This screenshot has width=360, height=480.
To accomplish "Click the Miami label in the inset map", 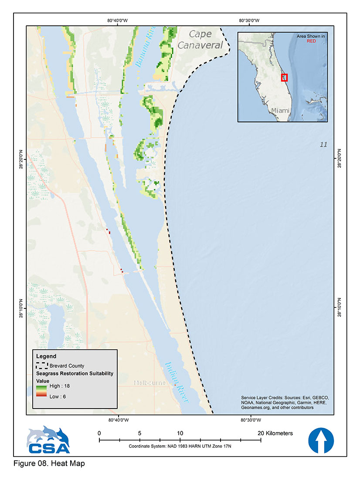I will pos(280,111).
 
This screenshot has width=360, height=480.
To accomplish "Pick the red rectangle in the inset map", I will pos(285,78).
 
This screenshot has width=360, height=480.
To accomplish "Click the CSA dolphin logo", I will pos(48,440).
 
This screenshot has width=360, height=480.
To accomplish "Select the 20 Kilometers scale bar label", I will pos(275,433).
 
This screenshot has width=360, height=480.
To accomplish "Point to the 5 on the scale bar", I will pos(139,433).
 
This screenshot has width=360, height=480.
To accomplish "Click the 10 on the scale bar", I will pos(180,433).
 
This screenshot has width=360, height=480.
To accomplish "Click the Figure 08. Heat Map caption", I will pos(49,463).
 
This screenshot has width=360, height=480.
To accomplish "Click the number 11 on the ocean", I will pos(323,145).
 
